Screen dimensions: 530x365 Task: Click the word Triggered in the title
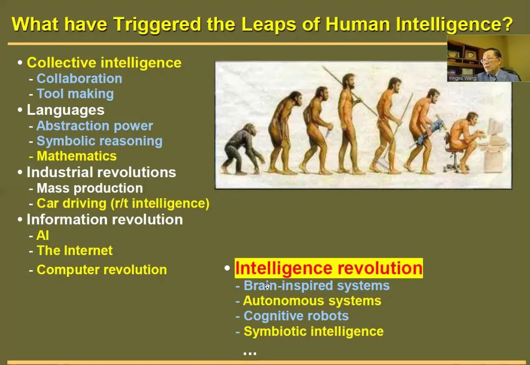pyautogui.click(x=158, y=25)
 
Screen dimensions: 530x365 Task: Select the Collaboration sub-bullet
pyautogui.click(x=79, y=78)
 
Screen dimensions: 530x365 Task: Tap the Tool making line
pyautogui.click(x=75, y=94)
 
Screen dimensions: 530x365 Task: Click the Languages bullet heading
pyautogui.click(x=66, y=110)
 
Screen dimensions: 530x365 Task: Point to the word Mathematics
pyautogui.click(x=77, y=156)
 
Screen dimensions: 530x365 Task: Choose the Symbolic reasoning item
pyautogui.click(x=99, y=141)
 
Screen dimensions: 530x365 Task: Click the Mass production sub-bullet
pyautogui.click(x=90, y=188)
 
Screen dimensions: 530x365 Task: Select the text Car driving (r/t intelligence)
pyautogui.click(x=123, y=203)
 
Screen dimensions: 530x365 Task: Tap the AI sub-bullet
pyautogui.click(x=43, y=235)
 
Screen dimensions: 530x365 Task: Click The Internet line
pyautogui.click(x=75, y=250)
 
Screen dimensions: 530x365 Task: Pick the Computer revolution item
pyautogui.click(x=102, y=270)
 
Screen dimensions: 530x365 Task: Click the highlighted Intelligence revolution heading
pyautogui.click(x=328, y=268)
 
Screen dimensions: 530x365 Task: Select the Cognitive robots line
pyautogui.click(x=296, y=315)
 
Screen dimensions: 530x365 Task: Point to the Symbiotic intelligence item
pyautogui.click(x=314, y=331)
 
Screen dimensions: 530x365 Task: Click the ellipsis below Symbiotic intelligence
pyautogui.click(x=250, y=353)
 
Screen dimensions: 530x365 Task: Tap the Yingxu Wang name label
pyautogui.click(x=462, y=78)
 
